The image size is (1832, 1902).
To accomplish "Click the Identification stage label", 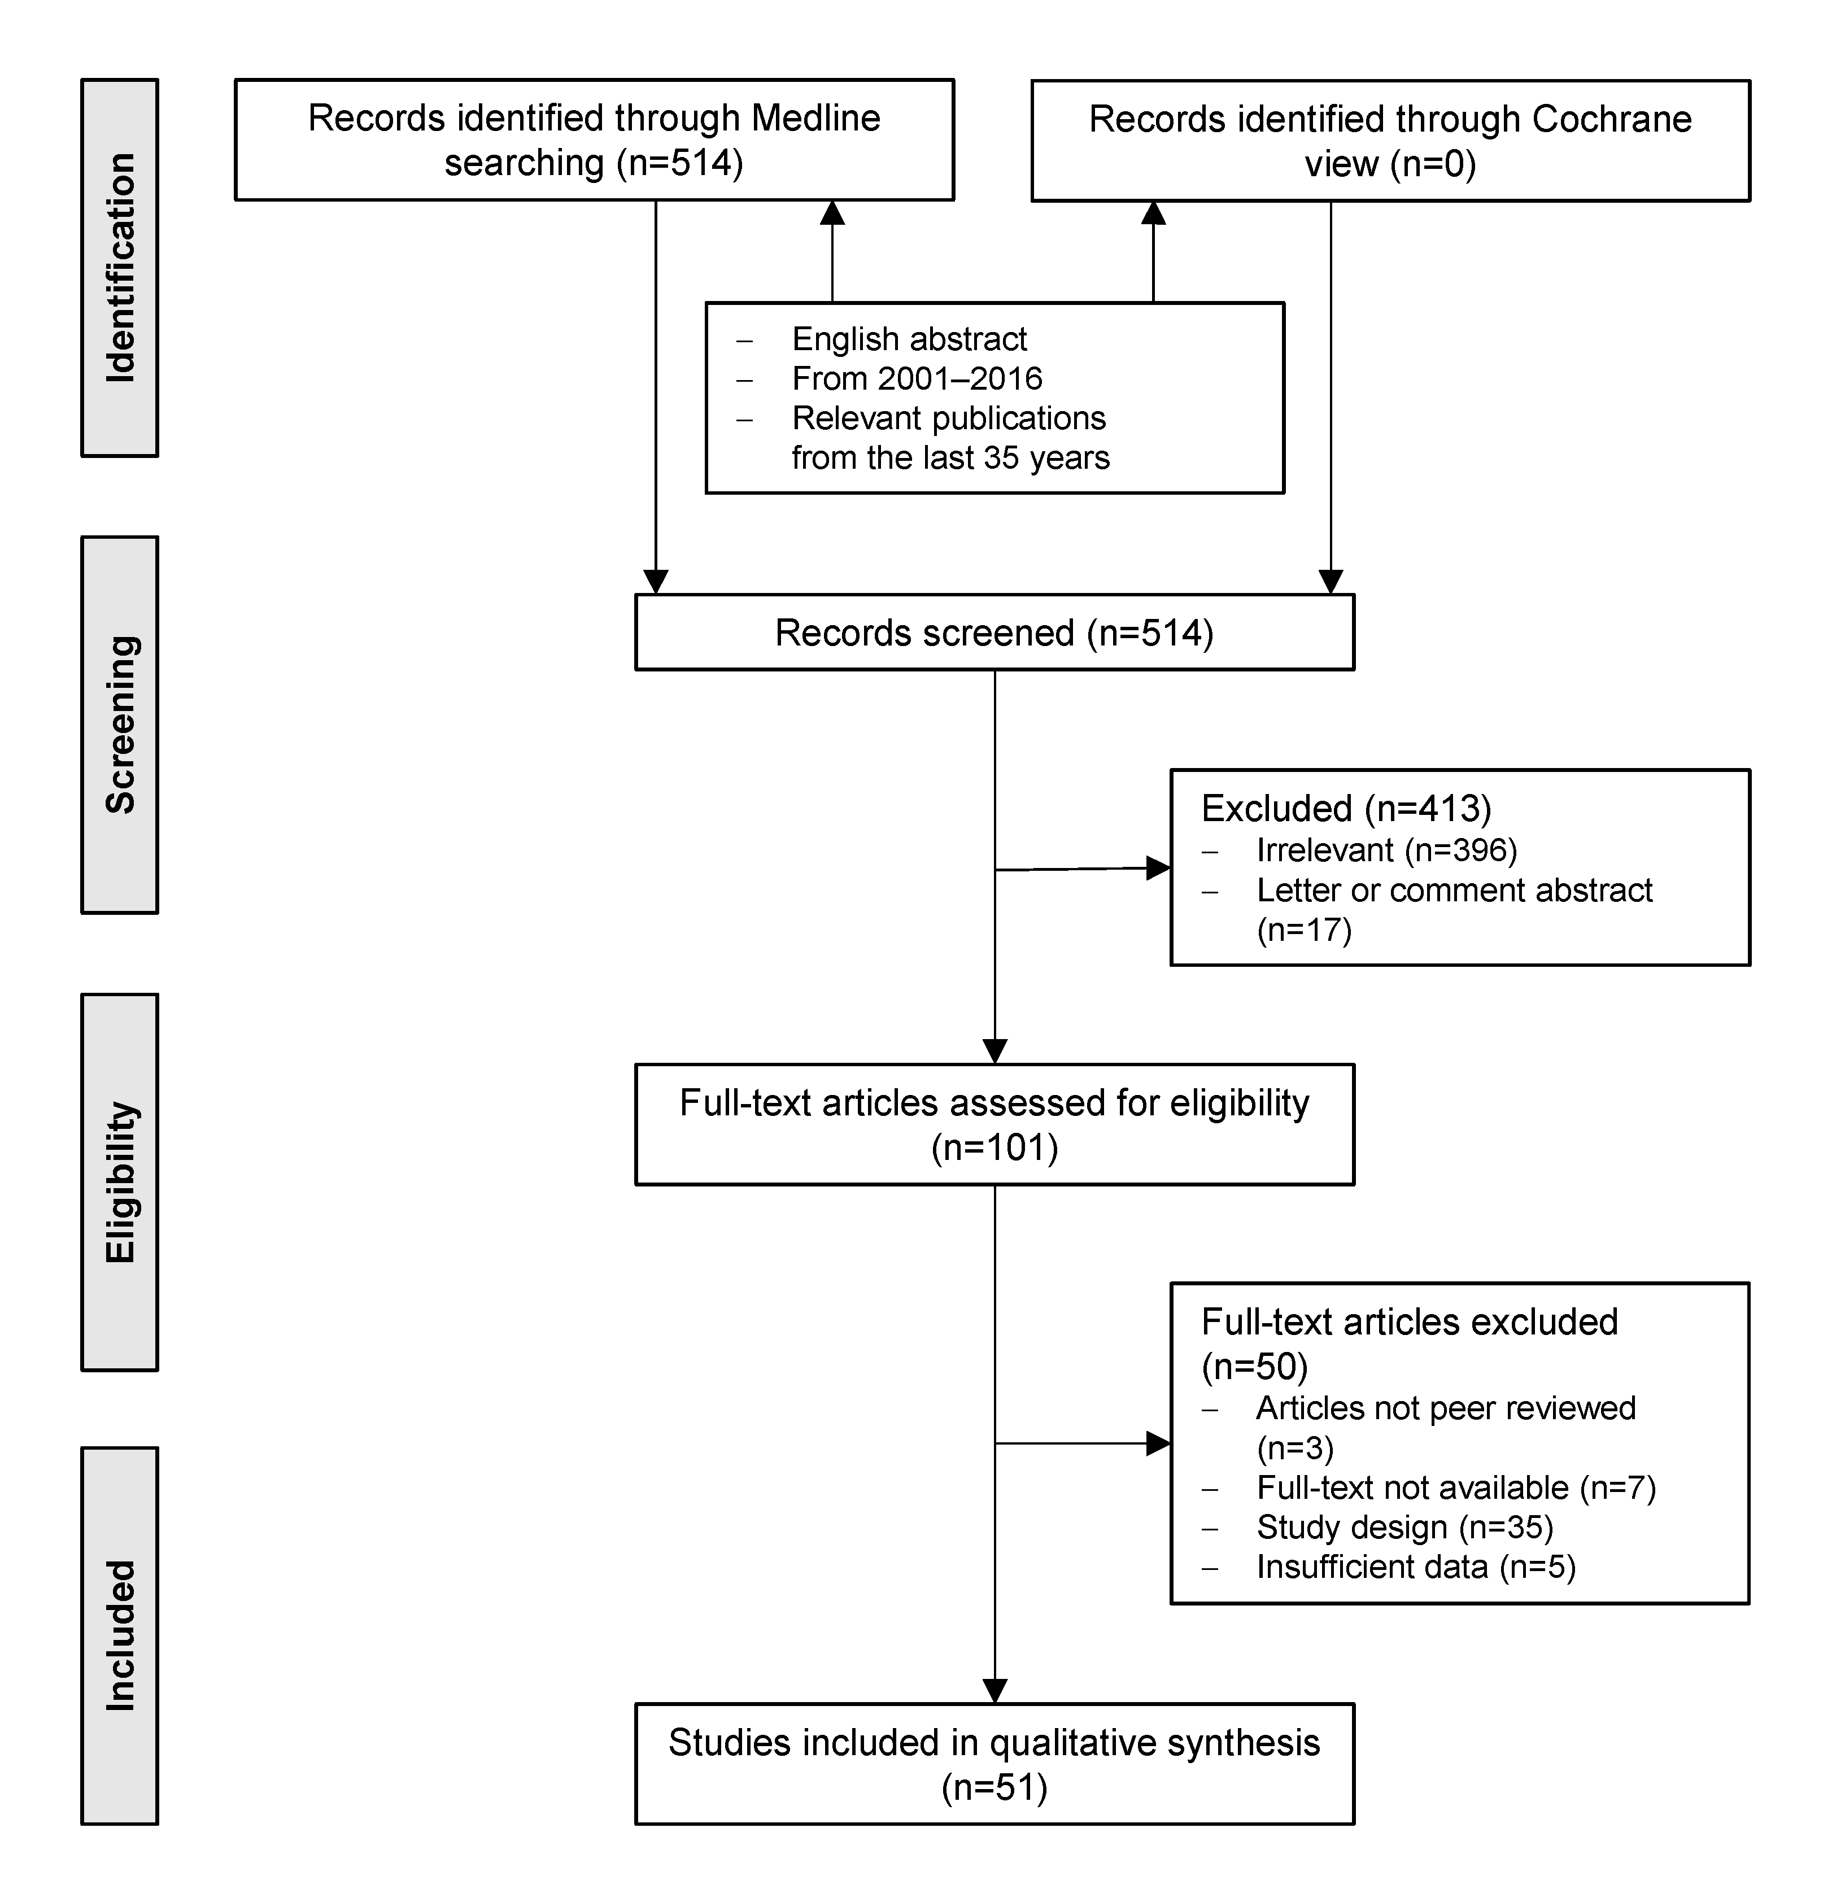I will tap(119, 267).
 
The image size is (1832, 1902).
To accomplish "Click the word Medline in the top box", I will tap(815, 119).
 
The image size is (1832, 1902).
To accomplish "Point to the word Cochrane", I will tap(1611, 119).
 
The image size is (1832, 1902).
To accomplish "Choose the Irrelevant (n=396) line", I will tap(1386, 850).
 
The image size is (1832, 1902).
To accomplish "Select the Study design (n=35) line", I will tap(1404, 1528).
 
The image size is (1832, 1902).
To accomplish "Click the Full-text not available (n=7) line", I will tap(1455, 1487).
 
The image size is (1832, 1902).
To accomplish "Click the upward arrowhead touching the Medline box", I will tap(832, 212).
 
